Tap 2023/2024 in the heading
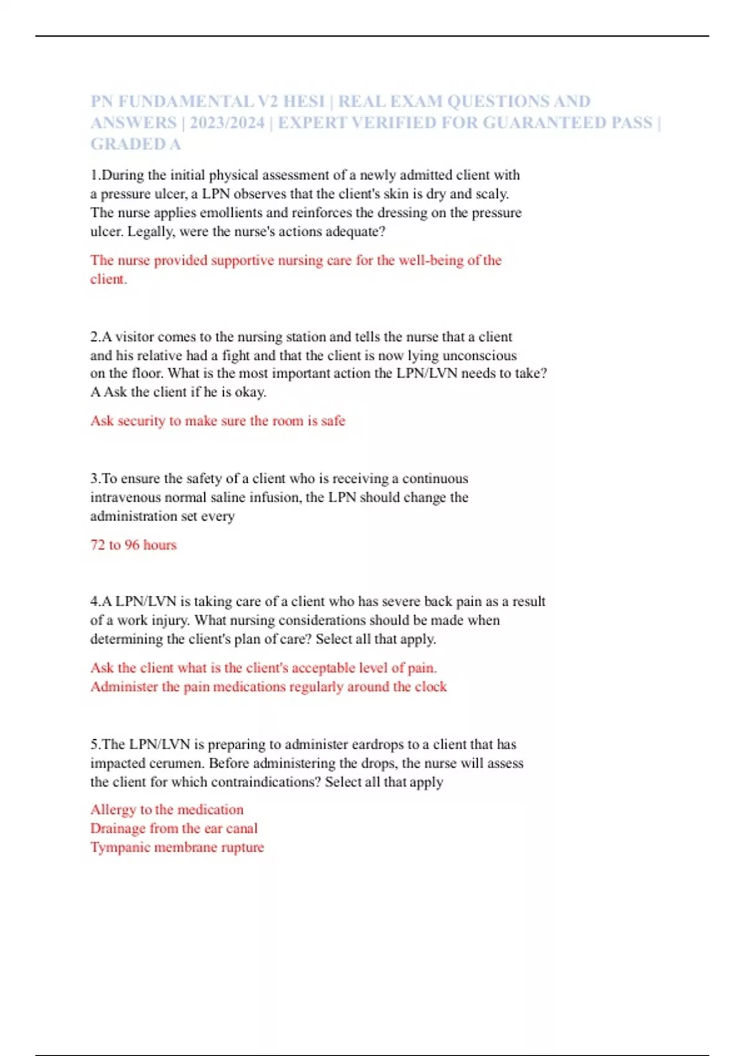pyautogui.click(x=227, y=123)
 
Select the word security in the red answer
pyautogui.click(x=141, y=421)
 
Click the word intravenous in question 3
pyautogui.click(x=124, y=498)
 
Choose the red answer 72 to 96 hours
pyautogui.click(x=133, y=545)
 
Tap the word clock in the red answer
pyautogui.click(x=431, y=687)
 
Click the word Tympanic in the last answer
pyautogui.click(x=120, y=847)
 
